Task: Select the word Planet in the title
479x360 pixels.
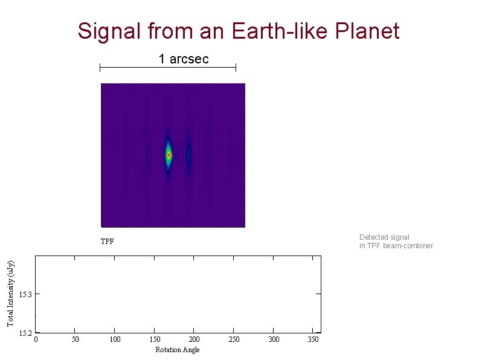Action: (367, 31)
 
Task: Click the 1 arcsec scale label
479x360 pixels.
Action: (184, 59)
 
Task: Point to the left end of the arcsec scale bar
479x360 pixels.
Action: (100, 68)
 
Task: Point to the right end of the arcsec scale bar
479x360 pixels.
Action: (236, 68)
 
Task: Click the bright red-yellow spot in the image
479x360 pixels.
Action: (169, 155)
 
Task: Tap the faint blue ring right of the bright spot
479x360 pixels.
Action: (188, 155)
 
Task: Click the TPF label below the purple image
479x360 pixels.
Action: (107, 242)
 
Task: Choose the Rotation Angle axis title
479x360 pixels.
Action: (177, 350)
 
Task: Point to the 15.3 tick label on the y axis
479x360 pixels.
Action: (25, 295)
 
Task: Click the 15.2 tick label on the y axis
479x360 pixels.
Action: (25, 333)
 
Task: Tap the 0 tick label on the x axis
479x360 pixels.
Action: (36, 339)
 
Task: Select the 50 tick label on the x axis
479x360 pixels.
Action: (75, 339)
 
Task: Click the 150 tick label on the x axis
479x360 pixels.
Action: (155, 339)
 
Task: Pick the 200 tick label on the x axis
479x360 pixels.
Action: (194, 339)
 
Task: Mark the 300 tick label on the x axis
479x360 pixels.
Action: (274, 339)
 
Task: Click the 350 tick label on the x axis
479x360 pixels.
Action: (313, 339)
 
